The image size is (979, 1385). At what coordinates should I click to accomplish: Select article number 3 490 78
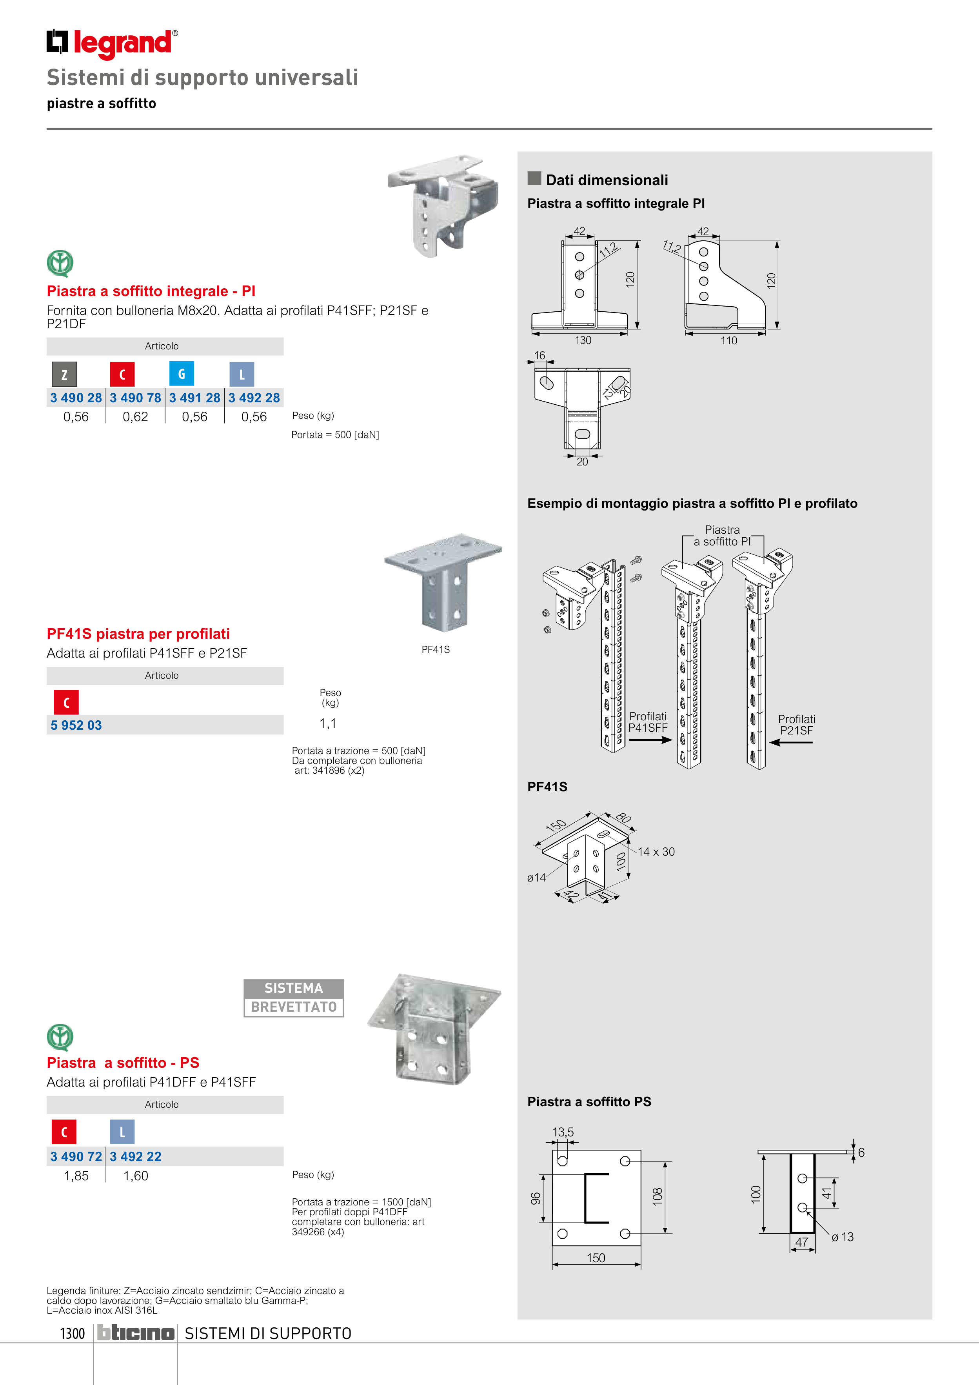pos(135,398)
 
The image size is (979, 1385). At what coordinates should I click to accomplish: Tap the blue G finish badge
pos(182,374)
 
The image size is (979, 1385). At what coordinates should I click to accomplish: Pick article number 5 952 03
pos(76,725)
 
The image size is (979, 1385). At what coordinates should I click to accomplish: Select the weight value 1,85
pos(76,1176)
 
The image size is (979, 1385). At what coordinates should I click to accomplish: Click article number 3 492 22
pos(136,1156)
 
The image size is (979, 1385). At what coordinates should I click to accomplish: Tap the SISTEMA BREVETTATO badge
pos(294,998)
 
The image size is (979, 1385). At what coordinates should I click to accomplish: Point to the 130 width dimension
pos(583,340)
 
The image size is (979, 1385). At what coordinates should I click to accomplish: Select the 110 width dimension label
pos(729,341)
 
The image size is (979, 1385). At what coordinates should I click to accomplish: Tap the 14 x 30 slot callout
pos(656,852)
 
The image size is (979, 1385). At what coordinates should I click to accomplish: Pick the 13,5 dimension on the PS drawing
pos(563,1132)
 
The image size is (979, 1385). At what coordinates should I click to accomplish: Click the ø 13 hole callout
pos(842,1237)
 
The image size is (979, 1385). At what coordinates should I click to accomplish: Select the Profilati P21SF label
pos(796,725)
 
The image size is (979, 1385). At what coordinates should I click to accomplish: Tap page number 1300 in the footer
pos(73,1333)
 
